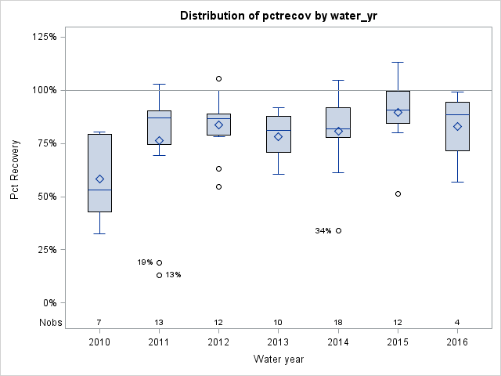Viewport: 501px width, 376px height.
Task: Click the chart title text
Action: pos(278,16)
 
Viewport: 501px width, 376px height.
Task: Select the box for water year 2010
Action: pos(99,172)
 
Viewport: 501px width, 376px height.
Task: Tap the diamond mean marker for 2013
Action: pos(279,136)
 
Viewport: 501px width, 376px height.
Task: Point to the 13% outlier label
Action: pos(173,275)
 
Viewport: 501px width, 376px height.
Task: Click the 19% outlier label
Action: pos(145,262)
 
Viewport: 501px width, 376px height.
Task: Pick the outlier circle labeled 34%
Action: pos(338,230)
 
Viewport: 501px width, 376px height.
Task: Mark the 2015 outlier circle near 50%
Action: pos(398,193)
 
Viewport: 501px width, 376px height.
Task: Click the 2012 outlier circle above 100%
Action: pos(218,78)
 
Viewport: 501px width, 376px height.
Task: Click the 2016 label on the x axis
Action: pos(457,342)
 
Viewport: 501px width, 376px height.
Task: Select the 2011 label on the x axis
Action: pos(159,342)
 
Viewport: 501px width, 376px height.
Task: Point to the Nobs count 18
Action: pos(338,323)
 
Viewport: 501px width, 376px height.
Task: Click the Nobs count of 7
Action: pos(99,323)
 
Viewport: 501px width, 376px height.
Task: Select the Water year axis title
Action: pos(278,360)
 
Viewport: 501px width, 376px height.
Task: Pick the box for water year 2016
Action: pos(457,126)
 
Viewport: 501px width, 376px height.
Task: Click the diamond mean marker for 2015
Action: pos(398,112)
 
